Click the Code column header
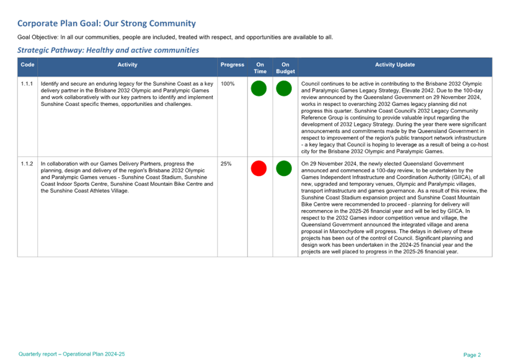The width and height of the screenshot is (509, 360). tap(27, 64)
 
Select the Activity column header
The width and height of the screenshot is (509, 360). tap(127, 64)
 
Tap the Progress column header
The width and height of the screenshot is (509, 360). tap(232, 64)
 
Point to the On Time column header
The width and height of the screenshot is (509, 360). tap(260, 67)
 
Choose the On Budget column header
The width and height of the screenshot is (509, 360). tap(285, 67)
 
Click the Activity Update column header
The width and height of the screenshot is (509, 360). tap(395, 64)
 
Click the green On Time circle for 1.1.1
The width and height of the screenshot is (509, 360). tap(259, 89)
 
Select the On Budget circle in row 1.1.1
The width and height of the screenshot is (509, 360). tap(283, 89)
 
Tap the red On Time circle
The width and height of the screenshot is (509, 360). tap(259, 168)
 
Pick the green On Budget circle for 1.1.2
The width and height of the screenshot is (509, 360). tap(283, 168)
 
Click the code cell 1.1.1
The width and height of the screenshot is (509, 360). tap(27, 84)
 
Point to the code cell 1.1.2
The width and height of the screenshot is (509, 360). tap(27, 164)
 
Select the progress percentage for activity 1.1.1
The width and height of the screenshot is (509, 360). tap(228, 84)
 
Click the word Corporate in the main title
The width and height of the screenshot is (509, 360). tap(38, 24)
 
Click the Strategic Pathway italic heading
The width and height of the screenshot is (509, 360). tap(108, 50)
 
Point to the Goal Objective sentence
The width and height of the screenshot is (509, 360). tap(174, 37)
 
